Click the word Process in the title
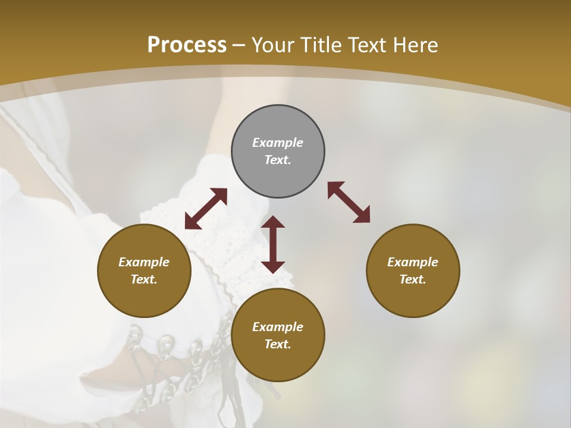[x=187, y=45]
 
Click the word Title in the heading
[x=323, y=45]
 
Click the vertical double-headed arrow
[x=273, y=244]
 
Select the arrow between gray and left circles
[x=206, y=209]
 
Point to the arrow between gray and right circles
[x=349, y=202]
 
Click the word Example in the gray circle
[x=278, y=143]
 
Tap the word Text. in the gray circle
[x=278, y=160]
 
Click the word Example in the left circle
[x=144, y=262]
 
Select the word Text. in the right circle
[x=413, y=279]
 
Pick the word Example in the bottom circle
[x=278, y=327]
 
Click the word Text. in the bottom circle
[x=278, y=344]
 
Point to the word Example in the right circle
[x=413, y=262]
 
